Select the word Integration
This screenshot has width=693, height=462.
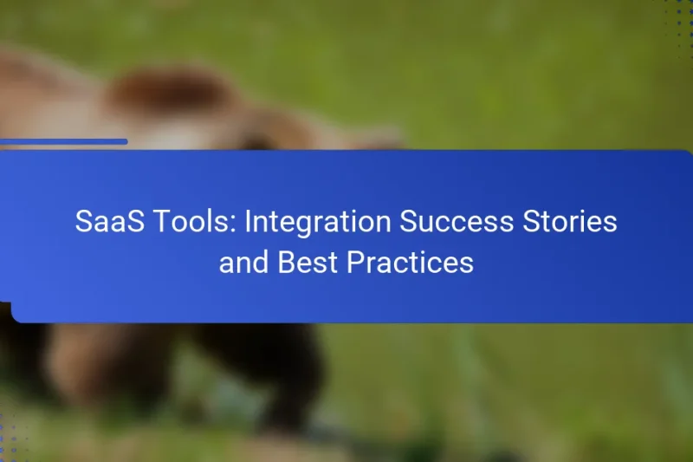click(x=318, y=222)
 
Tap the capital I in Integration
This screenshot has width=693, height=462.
click(x=248, y=222)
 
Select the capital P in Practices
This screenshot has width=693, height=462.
click(x=355, y=262)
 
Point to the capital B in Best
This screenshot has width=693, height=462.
click(x=286, y=262)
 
